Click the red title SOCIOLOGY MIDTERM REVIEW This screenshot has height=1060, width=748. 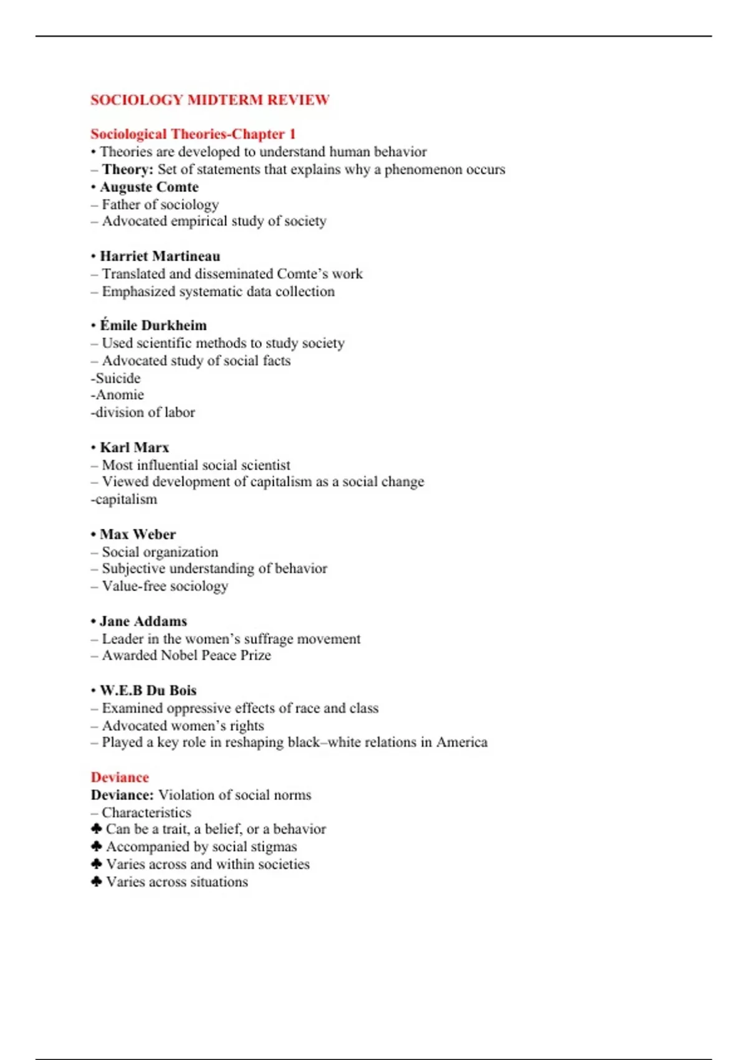209,100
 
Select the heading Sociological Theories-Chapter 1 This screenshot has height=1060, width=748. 193,134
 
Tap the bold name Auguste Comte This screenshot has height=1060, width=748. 149,187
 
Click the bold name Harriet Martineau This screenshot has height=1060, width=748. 160,256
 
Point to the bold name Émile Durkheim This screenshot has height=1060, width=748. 153,325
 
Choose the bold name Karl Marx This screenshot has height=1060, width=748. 134,448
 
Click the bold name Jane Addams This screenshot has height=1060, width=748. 143,621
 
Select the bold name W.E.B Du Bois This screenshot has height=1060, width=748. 148,690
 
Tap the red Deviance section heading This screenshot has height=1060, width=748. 120,778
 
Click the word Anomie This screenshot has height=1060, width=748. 119,395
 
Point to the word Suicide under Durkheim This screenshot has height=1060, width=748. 117,378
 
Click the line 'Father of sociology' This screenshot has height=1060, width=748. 160,205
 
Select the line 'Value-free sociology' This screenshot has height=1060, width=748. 165,586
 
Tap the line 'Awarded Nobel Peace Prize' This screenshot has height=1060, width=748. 186,655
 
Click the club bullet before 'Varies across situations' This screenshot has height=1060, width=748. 96,882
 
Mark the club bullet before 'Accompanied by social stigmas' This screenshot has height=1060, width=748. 96,846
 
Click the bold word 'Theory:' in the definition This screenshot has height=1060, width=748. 127,170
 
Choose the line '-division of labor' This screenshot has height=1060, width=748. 143,412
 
